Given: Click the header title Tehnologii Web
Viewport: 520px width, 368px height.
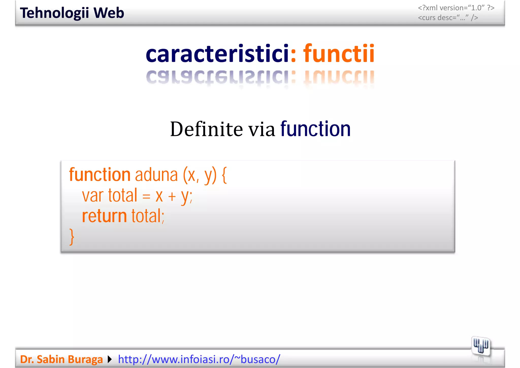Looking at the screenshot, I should (x=72, y=13).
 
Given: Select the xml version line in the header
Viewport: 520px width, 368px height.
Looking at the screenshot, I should (x=456, y=8).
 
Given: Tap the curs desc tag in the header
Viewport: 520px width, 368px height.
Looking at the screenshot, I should (x=448, y=18).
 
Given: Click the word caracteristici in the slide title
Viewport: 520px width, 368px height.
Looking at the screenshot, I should (x=217, y=54).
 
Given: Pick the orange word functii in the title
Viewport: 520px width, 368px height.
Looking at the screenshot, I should (x=339, y=54).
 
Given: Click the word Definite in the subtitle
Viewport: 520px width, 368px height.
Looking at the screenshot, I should (x=206, y=129).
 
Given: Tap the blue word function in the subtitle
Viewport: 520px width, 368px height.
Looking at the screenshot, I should (x=315, y=129).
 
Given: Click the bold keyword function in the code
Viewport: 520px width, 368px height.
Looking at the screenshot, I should (x=100, y=175).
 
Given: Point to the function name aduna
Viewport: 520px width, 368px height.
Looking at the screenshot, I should (x=156, y=176).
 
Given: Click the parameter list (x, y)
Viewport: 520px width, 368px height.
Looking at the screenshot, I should (x=200, y=176).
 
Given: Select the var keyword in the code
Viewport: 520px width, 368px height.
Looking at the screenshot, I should (x=93, y=196).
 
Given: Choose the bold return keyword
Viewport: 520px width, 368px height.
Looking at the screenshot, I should (x=104, y=216).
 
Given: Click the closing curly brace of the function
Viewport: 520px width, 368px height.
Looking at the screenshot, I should (x=72, y=237).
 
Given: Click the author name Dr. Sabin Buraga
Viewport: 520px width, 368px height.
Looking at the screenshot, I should (x=61, y=359).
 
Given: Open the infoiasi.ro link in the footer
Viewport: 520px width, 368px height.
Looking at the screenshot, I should (x=199, y=359).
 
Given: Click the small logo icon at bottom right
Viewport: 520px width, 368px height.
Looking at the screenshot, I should (x=480, y=346).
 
